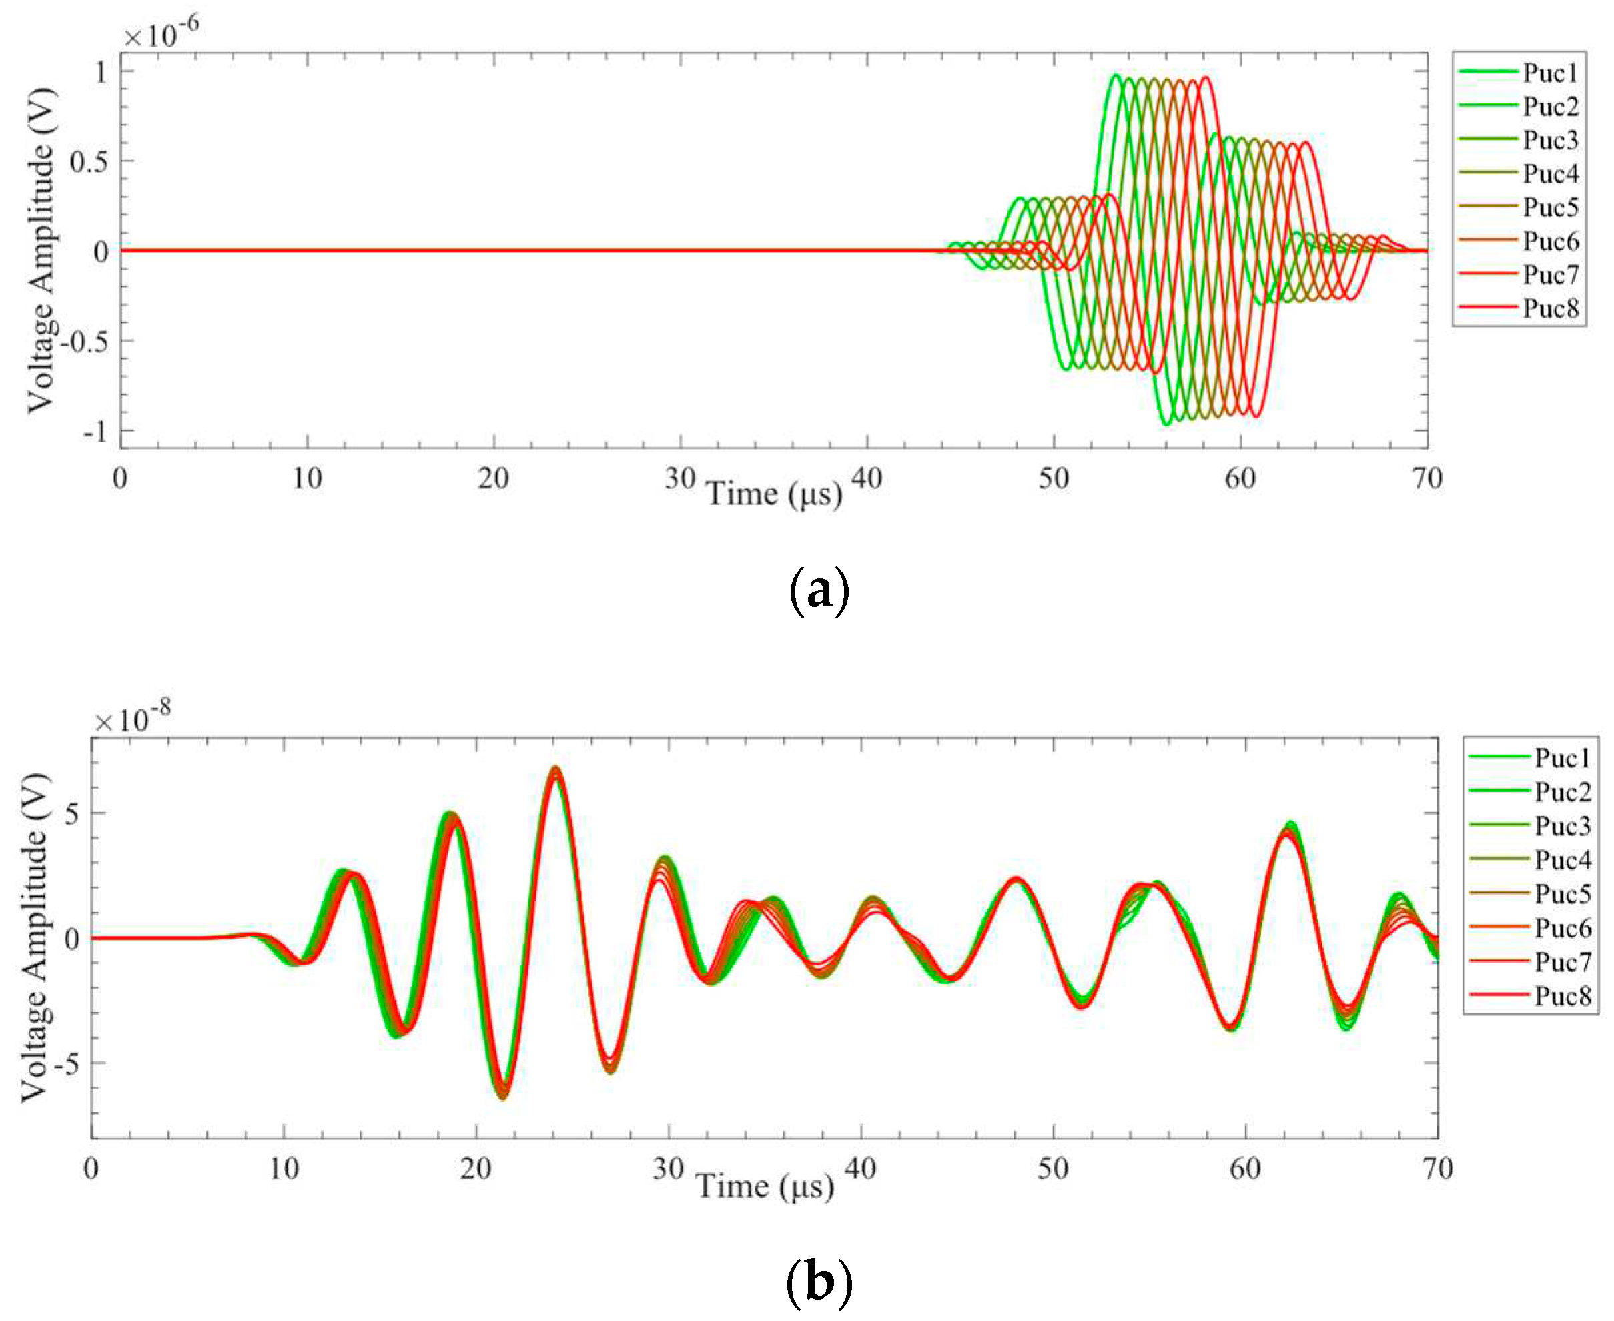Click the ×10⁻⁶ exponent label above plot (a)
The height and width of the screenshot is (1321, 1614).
pyautogui.click(x=161, y=33)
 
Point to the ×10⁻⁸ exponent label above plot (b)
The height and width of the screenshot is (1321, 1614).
pyautogui.click(x=132, y=719)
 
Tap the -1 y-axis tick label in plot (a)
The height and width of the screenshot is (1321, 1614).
pyautogui.click(x=95, y=432)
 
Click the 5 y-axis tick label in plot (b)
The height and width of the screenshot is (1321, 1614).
pyautogui.click(x=72, y=813)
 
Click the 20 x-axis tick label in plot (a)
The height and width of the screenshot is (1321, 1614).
pyautogui.click(x=493, y=480)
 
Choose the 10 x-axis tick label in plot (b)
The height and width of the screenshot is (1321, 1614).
pyautogui.click(x=284, y=1169)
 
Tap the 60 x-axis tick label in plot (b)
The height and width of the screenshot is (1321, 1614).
pyautogui.click(x=1246, y=1169)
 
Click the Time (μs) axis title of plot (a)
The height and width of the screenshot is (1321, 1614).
pyautogui.click(x=775, y=494)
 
